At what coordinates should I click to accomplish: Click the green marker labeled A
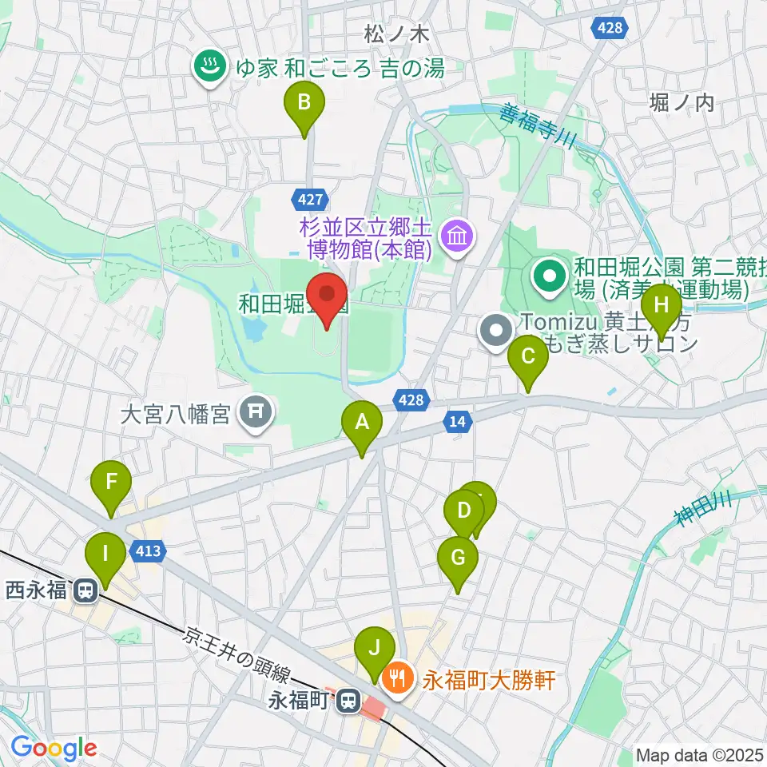(x=362, y=421)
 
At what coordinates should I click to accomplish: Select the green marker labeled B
(x=304, y=103)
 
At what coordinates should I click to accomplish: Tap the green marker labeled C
(x=528, y=356)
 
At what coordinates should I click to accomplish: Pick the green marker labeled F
(x=111, y=483)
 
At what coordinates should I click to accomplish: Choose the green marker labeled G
(x=458, y=557)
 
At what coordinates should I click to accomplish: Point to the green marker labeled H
(x=662, y=304)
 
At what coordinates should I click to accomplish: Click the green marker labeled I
(x=105, y=553)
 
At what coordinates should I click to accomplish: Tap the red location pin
(x=328, y=295)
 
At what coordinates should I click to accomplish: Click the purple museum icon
(x=459, y=236)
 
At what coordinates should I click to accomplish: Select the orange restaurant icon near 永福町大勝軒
(x=396, y=680)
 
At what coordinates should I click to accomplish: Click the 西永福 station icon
(x=84, y=591)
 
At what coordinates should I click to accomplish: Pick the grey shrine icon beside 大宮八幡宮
(x=256, y=413)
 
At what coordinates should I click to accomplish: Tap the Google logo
(x=54, y=748)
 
